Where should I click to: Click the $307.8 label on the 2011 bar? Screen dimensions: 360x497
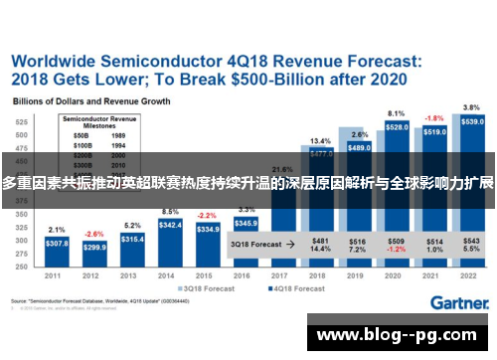57,243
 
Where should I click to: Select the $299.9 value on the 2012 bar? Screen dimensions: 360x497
94,247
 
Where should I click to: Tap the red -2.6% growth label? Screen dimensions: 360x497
94,233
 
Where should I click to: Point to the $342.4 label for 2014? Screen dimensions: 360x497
169,226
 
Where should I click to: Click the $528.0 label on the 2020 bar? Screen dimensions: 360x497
397,127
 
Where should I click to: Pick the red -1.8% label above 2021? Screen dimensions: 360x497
434,117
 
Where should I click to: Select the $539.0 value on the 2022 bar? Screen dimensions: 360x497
473,121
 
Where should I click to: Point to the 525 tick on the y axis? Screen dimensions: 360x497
21,121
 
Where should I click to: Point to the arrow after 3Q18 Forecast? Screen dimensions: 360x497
289,243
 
